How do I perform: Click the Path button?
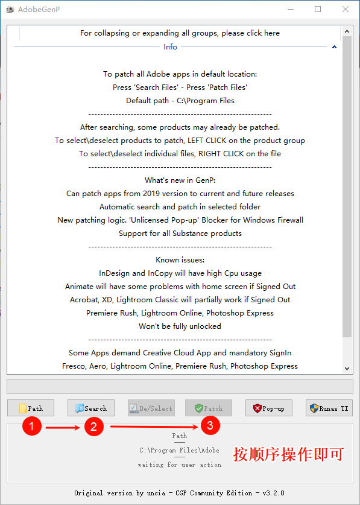click(x=31, y=408)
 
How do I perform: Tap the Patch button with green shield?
click(x=208, y=408)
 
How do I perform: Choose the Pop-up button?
click(x=268, y=408)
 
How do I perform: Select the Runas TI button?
click(x=329, y=408)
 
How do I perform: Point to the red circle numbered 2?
click(x=93, y=427)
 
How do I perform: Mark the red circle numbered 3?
click(x=209, y=426)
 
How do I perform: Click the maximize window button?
click(x=318, y=9)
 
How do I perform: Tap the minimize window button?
click(x=291, y=9)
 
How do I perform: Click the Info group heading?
click(x=170, y=46)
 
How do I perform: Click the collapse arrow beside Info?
click(x=334, y=46)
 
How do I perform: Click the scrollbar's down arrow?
click(x=347, y=368)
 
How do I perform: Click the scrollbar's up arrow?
click(x=347, y=32)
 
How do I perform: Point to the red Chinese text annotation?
click(x=288, y=454)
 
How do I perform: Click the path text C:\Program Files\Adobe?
click(x=179, y=450)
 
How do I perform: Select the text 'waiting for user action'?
click(x=179, y=465)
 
